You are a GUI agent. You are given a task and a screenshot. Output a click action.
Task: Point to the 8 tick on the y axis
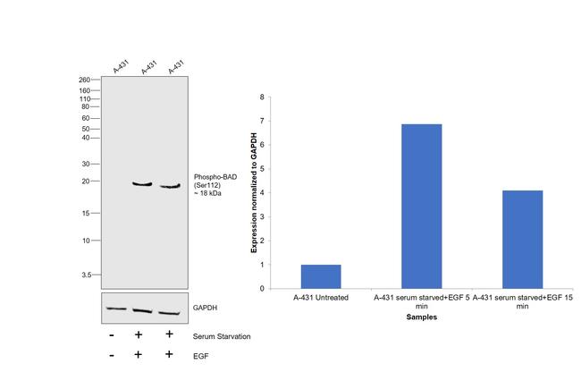[x=261, y=97]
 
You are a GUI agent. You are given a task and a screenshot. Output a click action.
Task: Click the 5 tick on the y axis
[x=261, y=169]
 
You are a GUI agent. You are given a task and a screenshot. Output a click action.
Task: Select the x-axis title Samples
[x=415, y=317]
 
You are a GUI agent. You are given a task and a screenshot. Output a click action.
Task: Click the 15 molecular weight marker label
[x=86, y=213]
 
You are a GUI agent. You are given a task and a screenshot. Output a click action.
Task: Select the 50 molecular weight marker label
[x=86, y=129]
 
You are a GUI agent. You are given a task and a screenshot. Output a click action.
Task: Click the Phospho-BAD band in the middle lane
[x=142, y=184]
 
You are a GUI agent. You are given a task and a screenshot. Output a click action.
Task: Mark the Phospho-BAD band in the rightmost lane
[x=170, y=186]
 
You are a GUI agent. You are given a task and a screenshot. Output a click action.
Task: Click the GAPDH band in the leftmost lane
[x=115, y=309]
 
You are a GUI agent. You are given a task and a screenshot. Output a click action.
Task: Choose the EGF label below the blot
[x=200, y=355]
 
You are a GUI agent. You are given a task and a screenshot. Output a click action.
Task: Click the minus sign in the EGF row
[x=111, y=355]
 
